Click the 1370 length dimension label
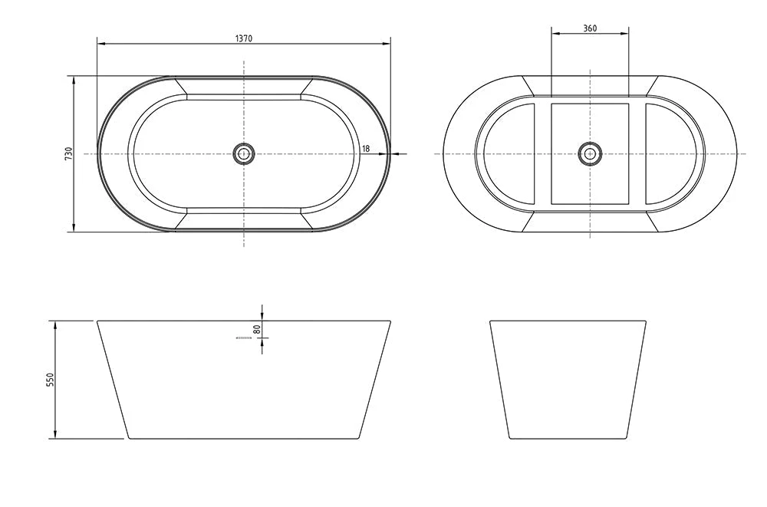[x=244, y=38]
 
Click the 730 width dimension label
[x=68, y=153]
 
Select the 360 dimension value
[x=589, y=28]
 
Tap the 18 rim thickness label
[x=366, y=148]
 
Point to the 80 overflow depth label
[x=258, y=328]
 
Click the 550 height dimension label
[x=51, y=380]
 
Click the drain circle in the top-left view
[x=244, y=153]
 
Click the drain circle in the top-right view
[x=589, y=153]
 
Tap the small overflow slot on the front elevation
[x=244, y=337]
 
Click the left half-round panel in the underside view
[x=508, y=153]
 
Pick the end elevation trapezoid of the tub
[x=568, y=380]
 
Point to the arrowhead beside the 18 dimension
[x=394, y=153]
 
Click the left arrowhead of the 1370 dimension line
[x=100, y=44]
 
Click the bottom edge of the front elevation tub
[x=244, y=439]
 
